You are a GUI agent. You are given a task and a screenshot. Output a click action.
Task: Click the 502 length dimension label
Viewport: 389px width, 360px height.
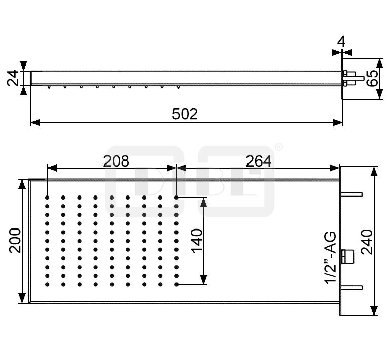(185, 114)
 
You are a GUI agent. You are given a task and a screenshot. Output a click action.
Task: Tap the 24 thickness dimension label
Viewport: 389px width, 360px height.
(13, 78)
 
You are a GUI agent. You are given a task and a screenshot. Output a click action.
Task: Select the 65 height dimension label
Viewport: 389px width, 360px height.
(372, 78)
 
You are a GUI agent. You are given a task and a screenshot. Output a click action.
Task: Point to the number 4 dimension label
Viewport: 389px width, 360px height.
(342, 42)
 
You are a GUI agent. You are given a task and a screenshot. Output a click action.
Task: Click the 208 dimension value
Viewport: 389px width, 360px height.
(116, 161)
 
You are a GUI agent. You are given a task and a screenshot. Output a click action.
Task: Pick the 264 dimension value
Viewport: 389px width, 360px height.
(259, 161)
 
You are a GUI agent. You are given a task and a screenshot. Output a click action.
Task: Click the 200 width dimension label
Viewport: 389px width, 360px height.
(15, 241)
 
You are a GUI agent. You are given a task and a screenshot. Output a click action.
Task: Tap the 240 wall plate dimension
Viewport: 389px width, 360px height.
(367, 242)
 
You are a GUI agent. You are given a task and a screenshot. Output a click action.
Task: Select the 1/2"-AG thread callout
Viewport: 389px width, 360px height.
(331, 257)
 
